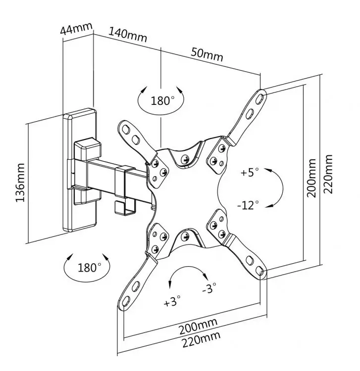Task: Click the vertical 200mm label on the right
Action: [311, 178]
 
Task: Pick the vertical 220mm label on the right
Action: [328, 174]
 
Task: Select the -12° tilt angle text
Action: [248, 204]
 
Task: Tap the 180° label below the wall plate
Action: [89, 268]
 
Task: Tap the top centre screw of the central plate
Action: [185, 159]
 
